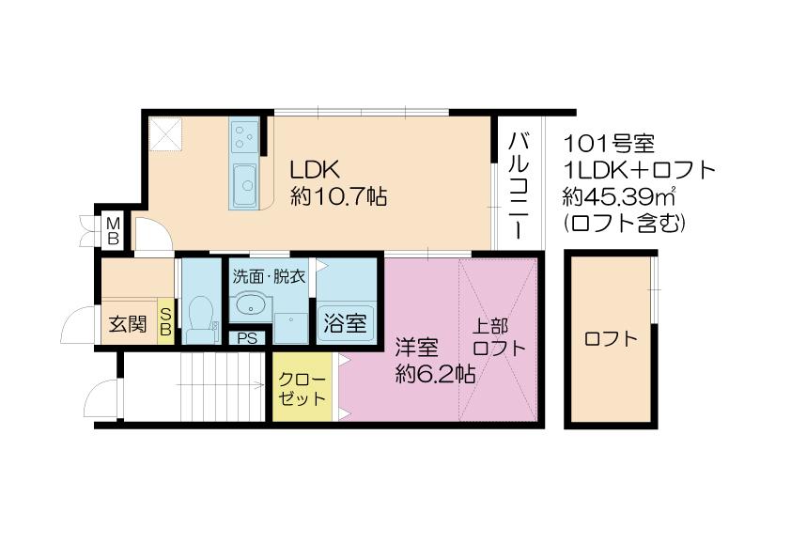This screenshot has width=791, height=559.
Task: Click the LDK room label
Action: point(315,170)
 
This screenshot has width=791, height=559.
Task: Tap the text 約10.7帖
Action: point(339,196)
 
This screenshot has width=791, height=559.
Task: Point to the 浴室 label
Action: point(345,323)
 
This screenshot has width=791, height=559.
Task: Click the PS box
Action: point(247,337)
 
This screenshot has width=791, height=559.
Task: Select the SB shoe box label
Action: point(165,321)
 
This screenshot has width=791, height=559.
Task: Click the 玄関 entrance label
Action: point(128,324)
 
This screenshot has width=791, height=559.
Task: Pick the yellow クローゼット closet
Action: point(302,385)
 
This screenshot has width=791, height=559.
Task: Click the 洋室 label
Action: point(417,348)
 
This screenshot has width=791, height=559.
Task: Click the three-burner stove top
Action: point(244,134)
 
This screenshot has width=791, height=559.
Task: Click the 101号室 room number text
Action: point(609,145)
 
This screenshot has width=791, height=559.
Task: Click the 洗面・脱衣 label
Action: point(269,276)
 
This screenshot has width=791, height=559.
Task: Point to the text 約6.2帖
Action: point(435,374)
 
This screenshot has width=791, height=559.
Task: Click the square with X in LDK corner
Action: point(166,133)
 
